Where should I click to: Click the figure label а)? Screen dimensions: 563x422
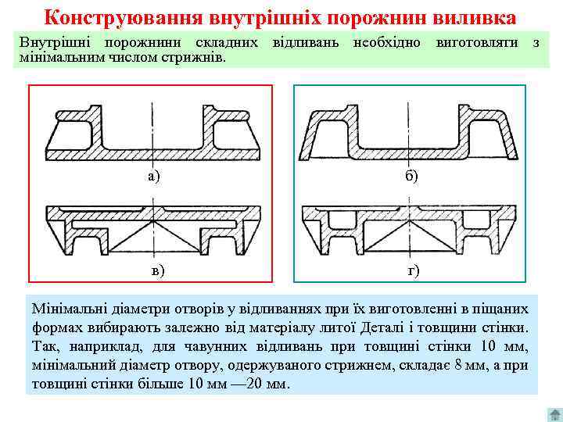click(153, 175)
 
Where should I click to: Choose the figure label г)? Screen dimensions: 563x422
click(414, 270)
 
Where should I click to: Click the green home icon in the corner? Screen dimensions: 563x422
click(552, 412)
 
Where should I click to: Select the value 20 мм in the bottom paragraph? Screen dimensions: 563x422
click(267, 384)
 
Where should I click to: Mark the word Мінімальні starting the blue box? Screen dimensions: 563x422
click(68, 309)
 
